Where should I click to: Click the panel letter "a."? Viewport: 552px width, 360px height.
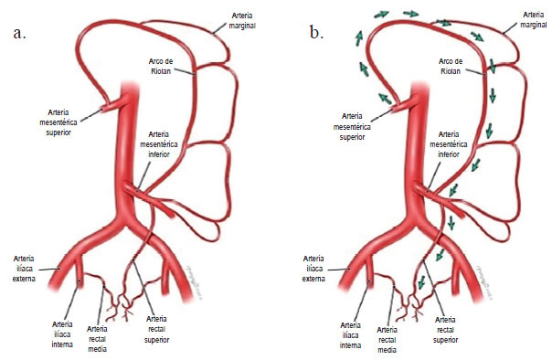point(20,33)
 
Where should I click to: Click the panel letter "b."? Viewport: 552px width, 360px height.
point(316,31)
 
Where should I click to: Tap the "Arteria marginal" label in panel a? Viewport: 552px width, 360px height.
point(242,21)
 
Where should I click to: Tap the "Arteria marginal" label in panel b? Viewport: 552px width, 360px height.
point(534,20)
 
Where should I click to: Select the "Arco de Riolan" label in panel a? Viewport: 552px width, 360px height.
point(161,66)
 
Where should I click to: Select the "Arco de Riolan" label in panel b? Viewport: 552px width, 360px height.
point(451,66)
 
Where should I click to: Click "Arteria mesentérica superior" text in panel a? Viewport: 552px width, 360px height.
point(58,122)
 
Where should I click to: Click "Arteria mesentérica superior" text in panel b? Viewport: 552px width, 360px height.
point(352,126)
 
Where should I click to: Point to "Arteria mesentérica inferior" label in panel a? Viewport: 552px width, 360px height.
point(159,144)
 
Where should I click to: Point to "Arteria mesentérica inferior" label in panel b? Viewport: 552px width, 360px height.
point(449,144)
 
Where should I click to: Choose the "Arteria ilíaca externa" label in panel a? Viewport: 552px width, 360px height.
point(24,269)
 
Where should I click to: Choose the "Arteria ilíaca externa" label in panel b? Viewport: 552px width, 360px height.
point(313,269)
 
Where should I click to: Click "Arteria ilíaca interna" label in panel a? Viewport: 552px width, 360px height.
point(62,334)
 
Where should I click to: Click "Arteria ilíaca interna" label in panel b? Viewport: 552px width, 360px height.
point(350,335)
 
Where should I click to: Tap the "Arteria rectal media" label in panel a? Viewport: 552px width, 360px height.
point(97,339)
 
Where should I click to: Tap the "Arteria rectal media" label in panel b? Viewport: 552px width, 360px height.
point(387,340)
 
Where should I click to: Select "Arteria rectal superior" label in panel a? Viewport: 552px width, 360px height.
point(156,329)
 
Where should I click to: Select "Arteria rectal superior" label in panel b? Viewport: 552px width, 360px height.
point(445,330)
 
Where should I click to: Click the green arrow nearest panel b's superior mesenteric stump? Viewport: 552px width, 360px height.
point(385,98)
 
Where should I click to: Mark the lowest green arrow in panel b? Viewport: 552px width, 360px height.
point(420,281)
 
